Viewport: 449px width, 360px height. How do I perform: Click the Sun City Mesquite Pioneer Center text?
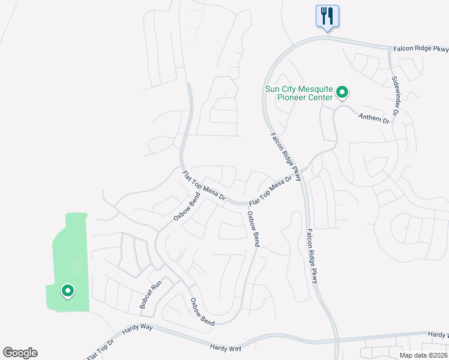[x=299, y=94]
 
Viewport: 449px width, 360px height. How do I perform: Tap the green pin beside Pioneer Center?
[x=342, y=92]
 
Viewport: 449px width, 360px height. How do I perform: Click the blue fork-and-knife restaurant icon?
[x=327, y=16]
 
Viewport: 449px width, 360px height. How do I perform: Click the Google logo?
[x=20, y=353]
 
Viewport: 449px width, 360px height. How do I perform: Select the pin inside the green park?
[x=68, y=292]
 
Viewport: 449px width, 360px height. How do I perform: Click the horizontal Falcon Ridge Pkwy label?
[x=421, y=49]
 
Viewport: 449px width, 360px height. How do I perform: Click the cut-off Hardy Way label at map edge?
[x=438, y=334]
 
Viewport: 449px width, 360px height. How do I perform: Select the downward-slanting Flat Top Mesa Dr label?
[x=203, y=185]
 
